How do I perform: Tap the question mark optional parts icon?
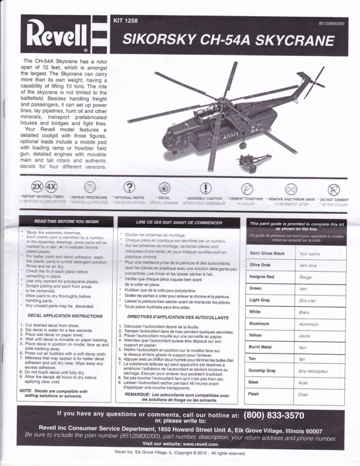(x=129, y=188)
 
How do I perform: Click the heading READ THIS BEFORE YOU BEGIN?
(x=66, y=222)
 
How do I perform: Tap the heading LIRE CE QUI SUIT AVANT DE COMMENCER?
(x=179, y=223)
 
